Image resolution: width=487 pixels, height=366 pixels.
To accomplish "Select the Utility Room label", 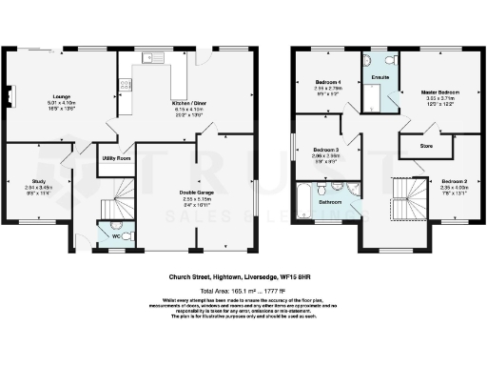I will point(118,158).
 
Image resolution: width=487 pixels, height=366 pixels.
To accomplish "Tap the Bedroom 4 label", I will point(329,83).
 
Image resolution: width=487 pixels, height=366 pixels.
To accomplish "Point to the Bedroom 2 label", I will point(450,180).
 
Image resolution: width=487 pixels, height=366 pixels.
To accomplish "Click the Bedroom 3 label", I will point(326,151).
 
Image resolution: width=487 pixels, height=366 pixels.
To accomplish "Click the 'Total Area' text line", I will point(243,289).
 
